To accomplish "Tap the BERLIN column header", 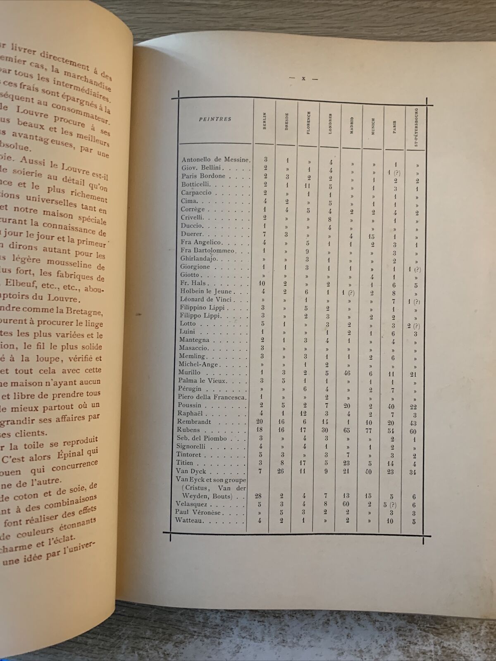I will click(265, 121).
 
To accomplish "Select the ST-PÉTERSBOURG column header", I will click(416, 127).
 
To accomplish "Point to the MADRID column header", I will click(352, 125).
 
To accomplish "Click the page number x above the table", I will click(303, 78).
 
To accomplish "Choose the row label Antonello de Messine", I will click(215, 159).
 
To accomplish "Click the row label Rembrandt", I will click(194, 422).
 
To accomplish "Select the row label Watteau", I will click(189, 521).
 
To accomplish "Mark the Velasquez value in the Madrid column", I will click(346, 504).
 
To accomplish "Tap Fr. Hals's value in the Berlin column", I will click(262, 283).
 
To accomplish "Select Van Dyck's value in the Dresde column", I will click(281, 471).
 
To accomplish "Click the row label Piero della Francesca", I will click(212, 397).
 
